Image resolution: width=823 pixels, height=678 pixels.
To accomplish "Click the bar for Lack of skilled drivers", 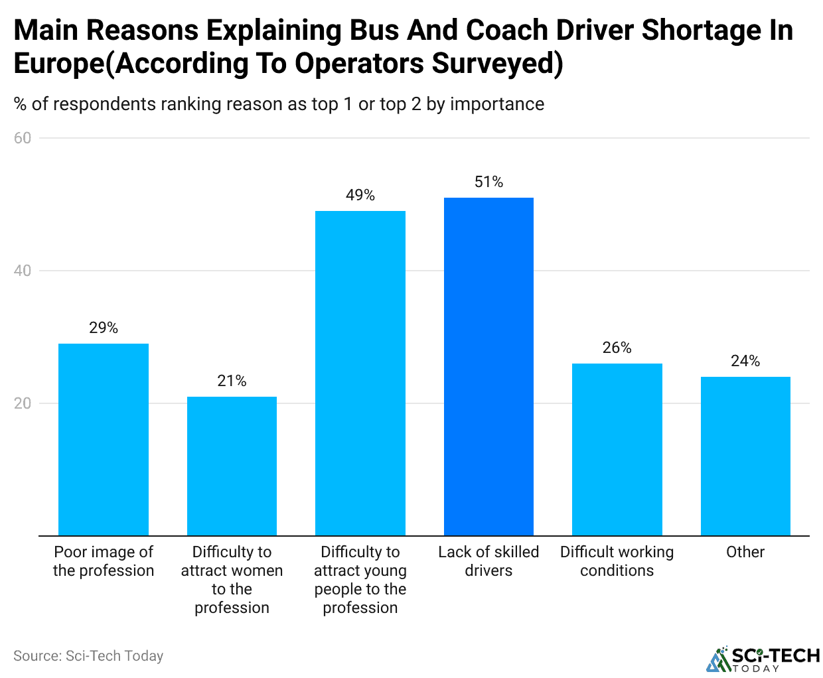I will coord(488,366).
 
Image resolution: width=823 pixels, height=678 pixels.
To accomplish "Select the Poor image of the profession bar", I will coord(104,439).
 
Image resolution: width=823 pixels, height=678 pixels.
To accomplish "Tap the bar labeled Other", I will coord(745,456).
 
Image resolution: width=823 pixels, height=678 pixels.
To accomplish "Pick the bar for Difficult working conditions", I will coord(617,449).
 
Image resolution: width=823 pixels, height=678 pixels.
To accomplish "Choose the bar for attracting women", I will coord(232,466).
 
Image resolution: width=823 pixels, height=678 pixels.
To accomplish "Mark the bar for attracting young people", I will coord(360,373).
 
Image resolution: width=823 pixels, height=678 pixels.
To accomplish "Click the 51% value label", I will coord(488,182).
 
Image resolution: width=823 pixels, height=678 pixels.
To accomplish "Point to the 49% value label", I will coord(360,195).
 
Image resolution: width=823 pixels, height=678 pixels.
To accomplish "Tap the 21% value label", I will coord(232,381).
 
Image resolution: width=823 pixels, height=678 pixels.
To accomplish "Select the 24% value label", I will coord(745,361).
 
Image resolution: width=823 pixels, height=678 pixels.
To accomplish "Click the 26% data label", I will coord(617,348).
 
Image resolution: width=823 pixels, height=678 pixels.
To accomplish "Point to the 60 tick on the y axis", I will coord(23,138).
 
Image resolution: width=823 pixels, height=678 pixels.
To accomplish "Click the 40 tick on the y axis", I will coord(23,271).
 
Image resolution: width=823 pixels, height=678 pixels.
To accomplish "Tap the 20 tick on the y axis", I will coord(23,403).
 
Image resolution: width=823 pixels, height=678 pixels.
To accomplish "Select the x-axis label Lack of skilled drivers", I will coord(488,561).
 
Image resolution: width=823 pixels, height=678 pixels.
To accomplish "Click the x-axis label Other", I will coord(745,552).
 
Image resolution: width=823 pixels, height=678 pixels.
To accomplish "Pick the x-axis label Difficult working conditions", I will coord(617,561).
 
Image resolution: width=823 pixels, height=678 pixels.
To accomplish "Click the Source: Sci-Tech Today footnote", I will coord(88,656).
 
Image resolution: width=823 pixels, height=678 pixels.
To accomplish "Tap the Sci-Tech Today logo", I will coord(763,659).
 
